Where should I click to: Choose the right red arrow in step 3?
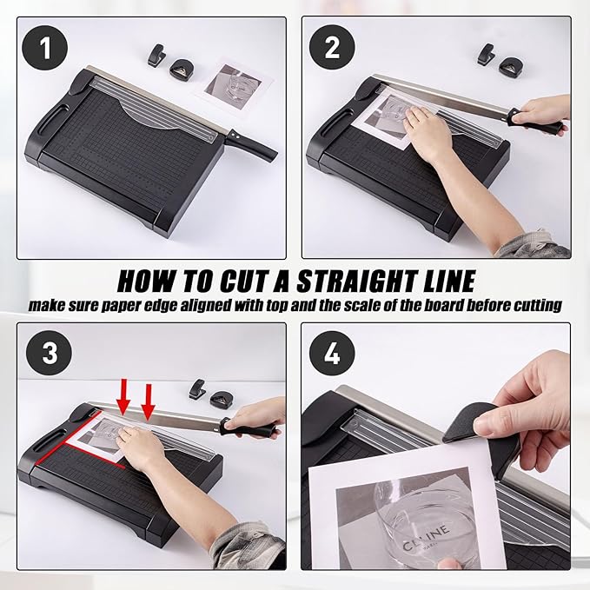149,405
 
